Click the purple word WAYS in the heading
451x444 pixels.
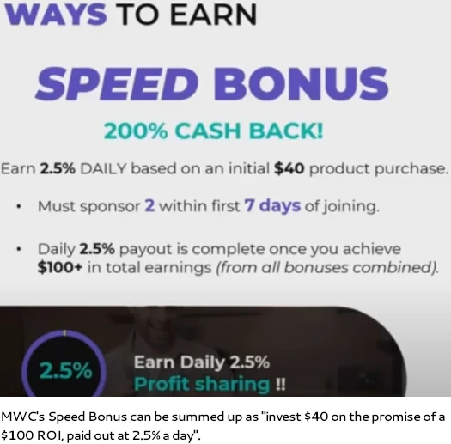pos(56,15)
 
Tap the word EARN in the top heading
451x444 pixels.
pos(213,15)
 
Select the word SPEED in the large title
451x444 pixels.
pos(118,83)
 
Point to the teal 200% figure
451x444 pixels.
pos(136,131)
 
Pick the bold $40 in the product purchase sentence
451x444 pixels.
pos(289,168)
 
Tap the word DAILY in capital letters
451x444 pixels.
pos(103,168)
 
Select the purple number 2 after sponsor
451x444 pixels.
pos(149,205)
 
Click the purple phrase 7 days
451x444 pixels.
pos(272,206)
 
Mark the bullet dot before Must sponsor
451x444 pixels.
pos(19,206)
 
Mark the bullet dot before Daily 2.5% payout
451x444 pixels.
pos(19,249)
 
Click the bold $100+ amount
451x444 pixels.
pos(60,267)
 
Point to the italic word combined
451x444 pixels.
pos(394,267)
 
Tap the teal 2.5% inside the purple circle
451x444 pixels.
pos(66,370)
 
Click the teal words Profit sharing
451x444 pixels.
pos(202,384)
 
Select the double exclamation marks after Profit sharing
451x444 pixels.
pos(280,384)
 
